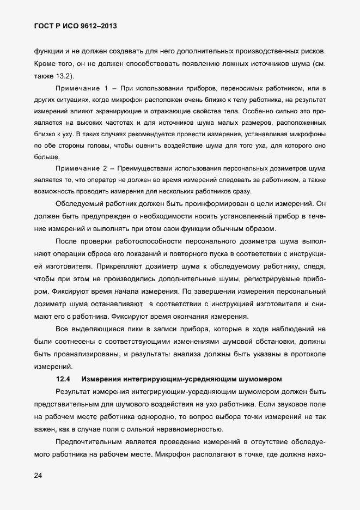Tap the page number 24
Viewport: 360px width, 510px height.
click(38, 476)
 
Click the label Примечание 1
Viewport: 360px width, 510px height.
click(82, 88)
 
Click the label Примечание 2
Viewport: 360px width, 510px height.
click(82, 168)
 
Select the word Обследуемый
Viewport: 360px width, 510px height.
click(82, 203)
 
